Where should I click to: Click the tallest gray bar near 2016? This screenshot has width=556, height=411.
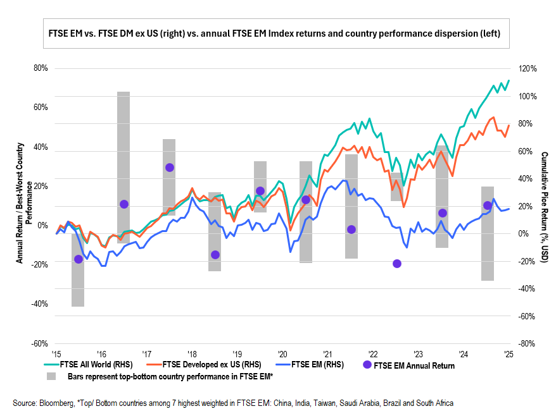click(123, 167)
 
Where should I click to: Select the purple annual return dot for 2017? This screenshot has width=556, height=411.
click(169, 168)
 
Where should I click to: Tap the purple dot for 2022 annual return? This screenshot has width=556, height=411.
click(397, 264)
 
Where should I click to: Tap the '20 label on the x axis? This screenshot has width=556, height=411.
click(282, 353)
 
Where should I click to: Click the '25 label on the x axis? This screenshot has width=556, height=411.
click(508, 353)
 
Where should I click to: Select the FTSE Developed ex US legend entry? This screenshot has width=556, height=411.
click(212, 364)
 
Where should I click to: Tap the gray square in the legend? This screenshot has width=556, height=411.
click(51, 376)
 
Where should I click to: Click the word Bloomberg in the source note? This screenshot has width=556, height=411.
click(53, 403)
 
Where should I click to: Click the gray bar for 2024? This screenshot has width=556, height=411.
click(487, 233)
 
